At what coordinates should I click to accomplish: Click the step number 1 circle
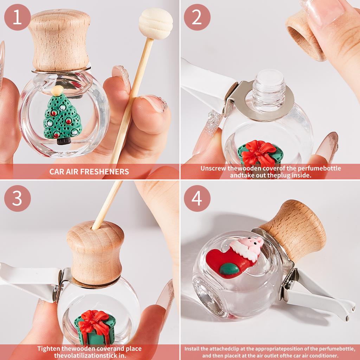point(17,17)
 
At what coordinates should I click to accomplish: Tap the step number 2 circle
point(197,17)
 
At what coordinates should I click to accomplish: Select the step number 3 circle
point(17,198)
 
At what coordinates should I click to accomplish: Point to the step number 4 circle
point(197,198)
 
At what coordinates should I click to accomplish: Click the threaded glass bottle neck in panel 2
point(269,88)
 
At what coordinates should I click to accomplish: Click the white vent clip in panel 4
point(316,295)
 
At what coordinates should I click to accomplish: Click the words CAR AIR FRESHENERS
point(89,172)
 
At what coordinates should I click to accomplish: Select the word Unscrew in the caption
point(213,168)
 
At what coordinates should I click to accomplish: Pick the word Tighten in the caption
point(49,349)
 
